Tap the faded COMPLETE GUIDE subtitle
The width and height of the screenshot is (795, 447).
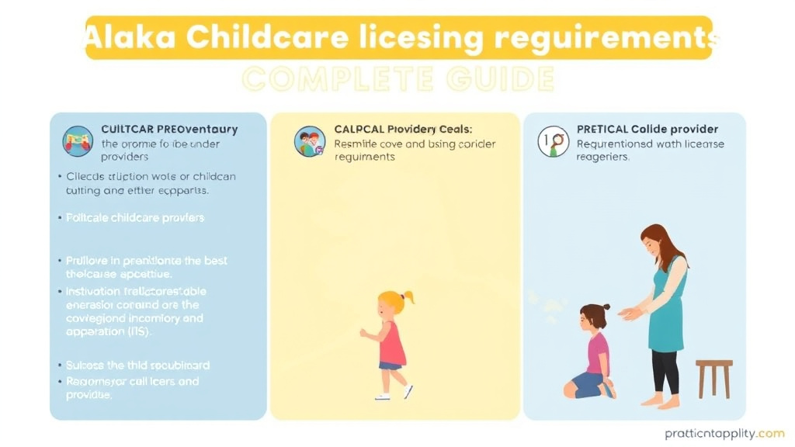tap(398, 78)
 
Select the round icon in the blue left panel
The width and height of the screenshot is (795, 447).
tap(78, 141)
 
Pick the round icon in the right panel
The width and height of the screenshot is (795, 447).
tap(553, 141)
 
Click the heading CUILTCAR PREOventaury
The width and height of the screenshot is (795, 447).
tap(169, 129)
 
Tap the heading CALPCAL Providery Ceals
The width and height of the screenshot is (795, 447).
tap(403, 129)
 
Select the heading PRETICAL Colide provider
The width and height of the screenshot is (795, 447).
tap(647, 129)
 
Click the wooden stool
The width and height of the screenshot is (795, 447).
tap(713, 376)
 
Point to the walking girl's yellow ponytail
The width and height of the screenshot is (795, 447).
tap(406, 298)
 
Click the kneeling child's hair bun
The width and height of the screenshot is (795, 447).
tap(606, 307)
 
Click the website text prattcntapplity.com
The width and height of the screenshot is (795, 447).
tap(713, 433)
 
